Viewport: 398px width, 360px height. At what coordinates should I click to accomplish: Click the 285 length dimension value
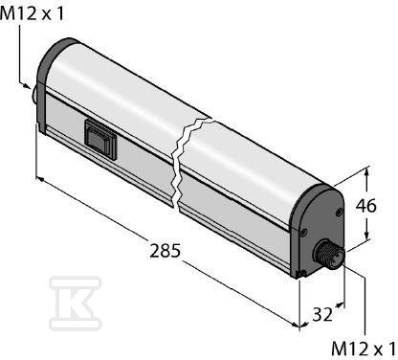tap(166, 251)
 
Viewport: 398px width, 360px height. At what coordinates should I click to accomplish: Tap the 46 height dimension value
tap(366, 206)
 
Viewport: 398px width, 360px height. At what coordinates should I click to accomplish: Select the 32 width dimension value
tap(322, 315)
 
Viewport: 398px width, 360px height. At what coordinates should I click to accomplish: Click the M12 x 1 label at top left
tap(32, 13)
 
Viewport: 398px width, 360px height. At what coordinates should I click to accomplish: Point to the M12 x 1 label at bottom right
tap(364, 349)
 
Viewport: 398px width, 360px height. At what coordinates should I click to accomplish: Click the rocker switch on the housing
tap(100, 139)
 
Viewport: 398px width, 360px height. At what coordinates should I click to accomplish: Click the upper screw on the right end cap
tap(339, 212)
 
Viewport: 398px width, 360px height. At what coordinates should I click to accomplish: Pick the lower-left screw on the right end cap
tap(303, 232)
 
